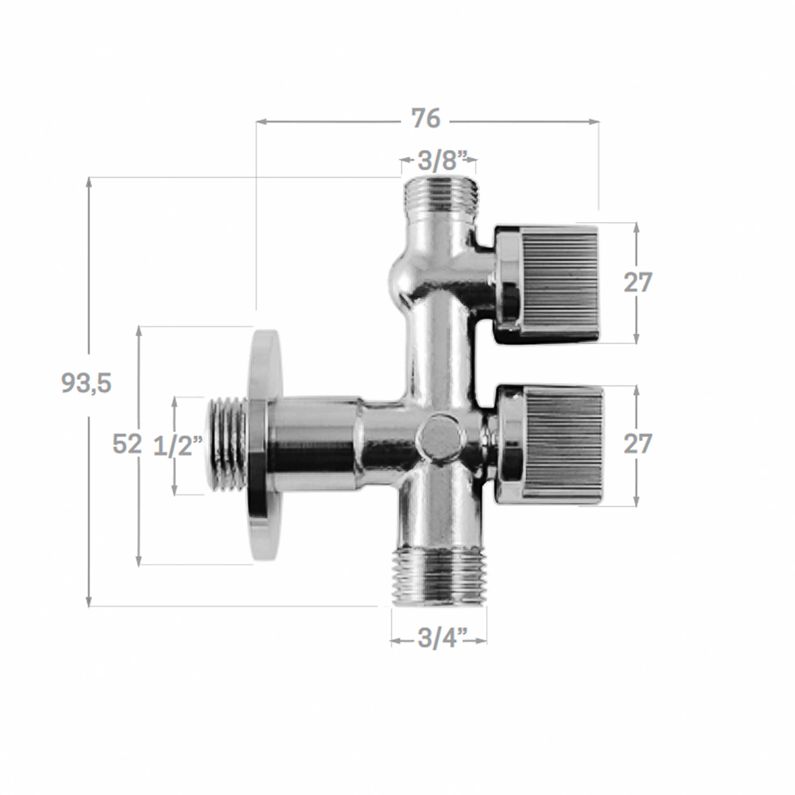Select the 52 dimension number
tap(127, 444)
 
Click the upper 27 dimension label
tap(637, 283)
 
